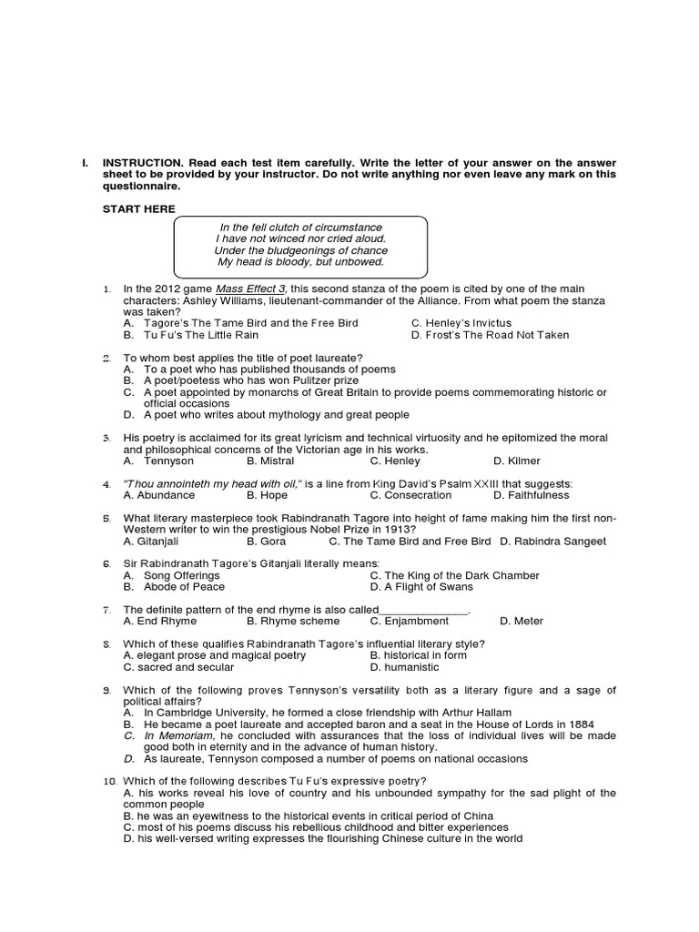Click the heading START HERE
pyautogui.click(x=138, y=209)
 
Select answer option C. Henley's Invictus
pyautogui.click(x=461, y=323)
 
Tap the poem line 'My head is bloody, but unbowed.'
pyautogui.click(x=300, y=262)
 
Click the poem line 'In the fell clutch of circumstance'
pyautogui.click(x=300, y=227)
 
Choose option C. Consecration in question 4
pyautogui.click(x=410, y=495)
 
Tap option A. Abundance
pyautogui.click(x=159, y=495)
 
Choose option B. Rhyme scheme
pyautogui.click(x=293, y=621)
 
